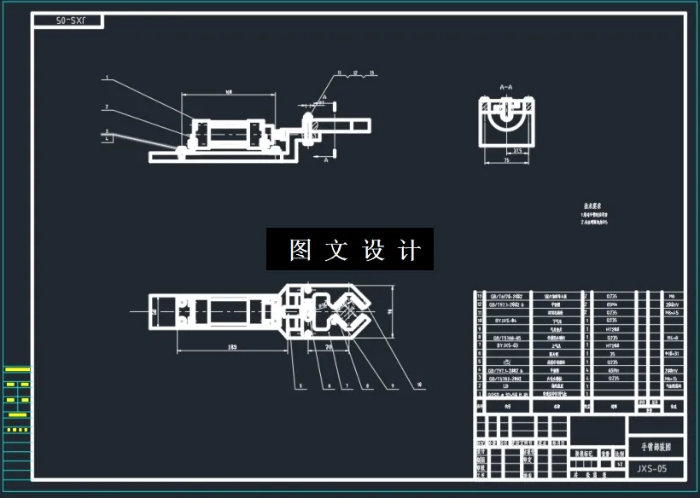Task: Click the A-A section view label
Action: pos(506,87)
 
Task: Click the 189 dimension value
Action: pos(232,347)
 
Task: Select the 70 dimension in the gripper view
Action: pos(329,347)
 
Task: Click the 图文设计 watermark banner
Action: pos(350,250)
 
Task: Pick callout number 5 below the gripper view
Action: pos(300,386)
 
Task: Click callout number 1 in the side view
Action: pos(106,78)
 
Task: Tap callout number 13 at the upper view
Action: pos(372,74)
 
